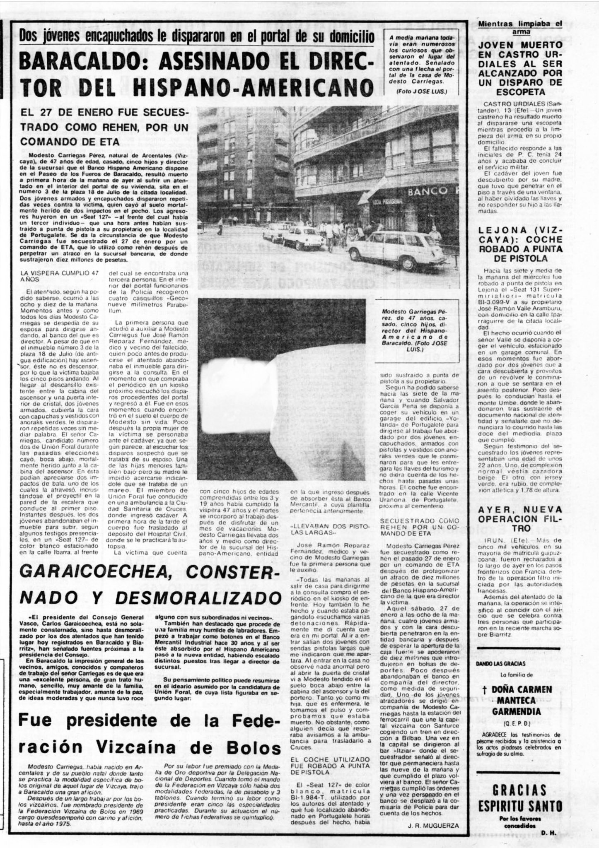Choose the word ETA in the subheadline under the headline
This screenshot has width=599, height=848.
107,141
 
